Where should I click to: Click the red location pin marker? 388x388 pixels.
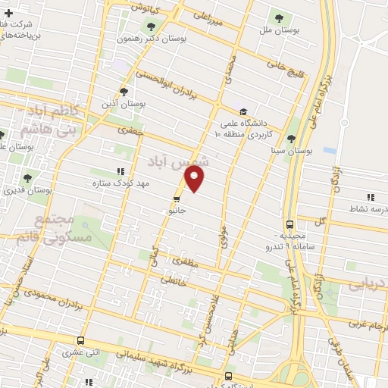(x=195, y=180)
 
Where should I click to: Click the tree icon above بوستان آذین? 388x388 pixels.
(x=134, y=91)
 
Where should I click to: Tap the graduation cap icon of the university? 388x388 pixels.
(x=243, y=108)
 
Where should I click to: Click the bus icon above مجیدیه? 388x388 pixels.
(x=290, y=224)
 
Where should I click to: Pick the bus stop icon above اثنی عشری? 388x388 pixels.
(x=81, y=341)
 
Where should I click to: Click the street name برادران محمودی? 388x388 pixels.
(x=59, y=298)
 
